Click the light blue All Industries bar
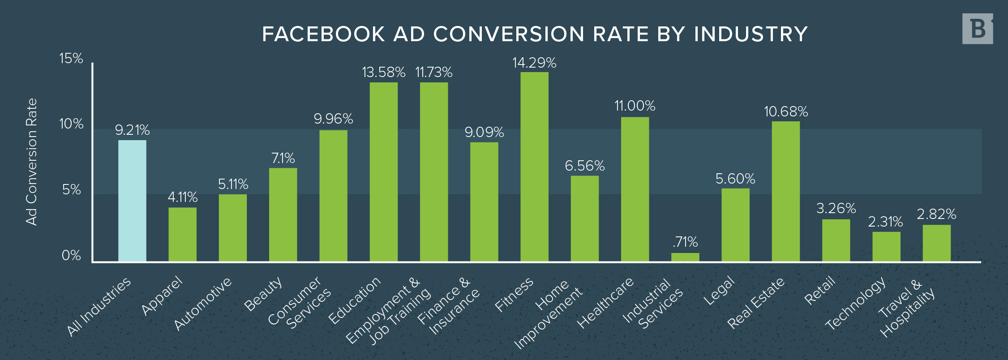(132, 201)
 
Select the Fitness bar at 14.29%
(534, 167)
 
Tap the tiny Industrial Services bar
(685, 257)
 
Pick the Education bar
(383, 172)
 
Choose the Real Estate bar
(786, 191)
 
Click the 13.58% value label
(383, 73)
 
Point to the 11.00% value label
(635, 106)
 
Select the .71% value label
(685, 242)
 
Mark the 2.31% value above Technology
(885, 222)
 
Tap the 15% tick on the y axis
(71, 58)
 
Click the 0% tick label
(71, 256)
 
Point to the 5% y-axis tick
(71, 190)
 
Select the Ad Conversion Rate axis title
(31, 162)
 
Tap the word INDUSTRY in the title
(751, 34)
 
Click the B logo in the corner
(978, 29)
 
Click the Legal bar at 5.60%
(735, 225)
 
